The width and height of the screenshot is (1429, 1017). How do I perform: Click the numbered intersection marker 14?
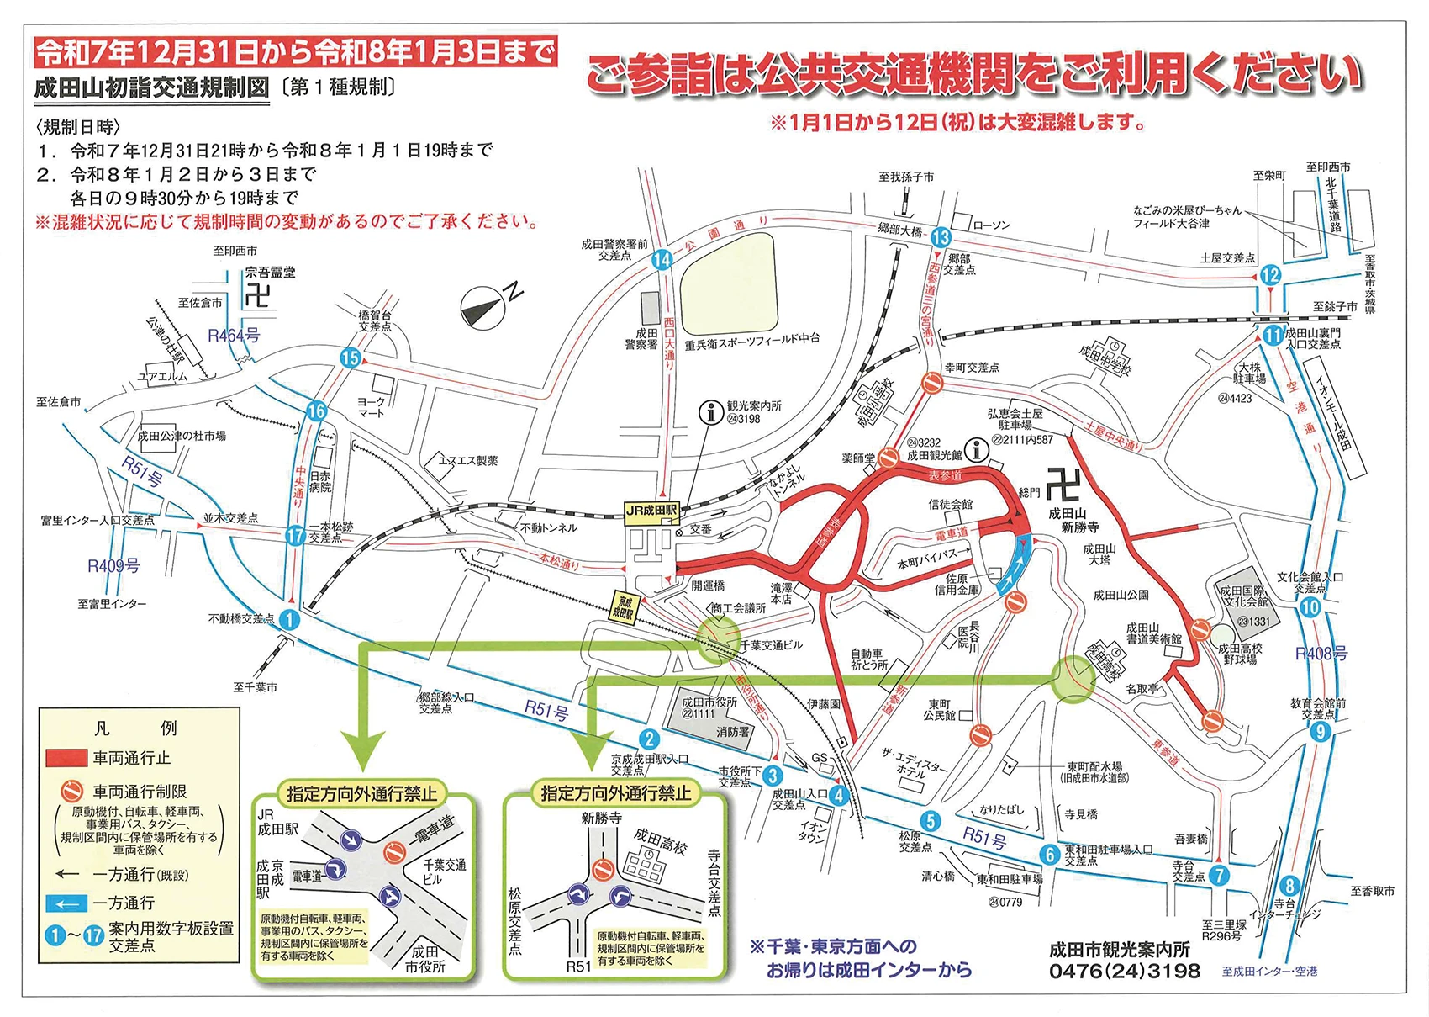pos(662,260)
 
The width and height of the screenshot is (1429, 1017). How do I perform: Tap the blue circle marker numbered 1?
pos(288,620)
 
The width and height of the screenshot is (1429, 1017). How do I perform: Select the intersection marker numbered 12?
pos(1270,274)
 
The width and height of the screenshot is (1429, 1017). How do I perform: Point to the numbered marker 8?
pos(1289,886)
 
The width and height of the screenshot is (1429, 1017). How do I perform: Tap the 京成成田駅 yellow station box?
pos(625,608)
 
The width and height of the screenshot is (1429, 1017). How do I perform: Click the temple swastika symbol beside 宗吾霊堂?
pos(258,296)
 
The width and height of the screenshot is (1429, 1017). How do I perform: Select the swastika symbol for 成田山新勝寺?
pos(1062,486)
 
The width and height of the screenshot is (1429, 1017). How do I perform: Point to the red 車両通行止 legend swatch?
pos(66,759)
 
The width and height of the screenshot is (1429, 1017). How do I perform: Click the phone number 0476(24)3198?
pos(1124,971)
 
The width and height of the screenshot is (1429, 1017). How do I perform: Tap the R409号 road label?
pos(113,565)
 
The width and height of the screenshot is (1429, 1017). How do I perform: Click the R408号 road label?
pos(1321,654)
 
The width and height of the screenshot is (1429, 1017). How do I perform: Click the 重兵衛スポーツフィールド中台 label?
pos(751,338)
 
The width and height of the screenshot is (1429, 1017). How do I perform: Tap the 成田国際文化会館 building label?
pos(1243,596)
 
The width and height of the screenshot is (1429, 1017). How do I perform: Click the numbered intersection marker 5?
pos(929,822)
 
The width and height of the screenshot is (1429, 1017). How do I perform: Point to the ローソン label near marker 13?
pos(992,225)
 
